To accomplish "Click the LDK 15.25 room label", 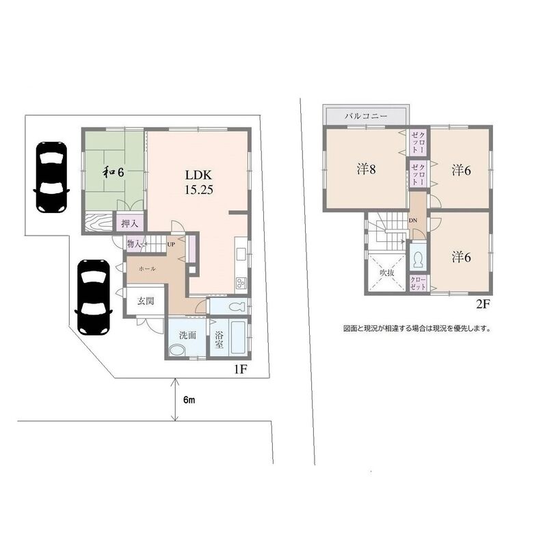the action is tap(199, 182).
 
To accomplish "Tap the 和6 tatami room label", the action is tap(113, 172).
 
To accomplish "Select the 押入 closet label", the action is tap(130, 223).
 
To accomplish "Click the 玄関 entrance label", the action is tap(146, 301).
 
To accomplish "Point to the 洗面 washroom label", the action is tap(187, 335).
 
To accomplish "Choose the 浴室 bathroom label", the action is tap(219, 339).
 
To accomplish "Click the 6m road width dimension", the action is tap(189, 400).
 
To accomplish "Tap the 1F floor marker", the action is tap(241, 369).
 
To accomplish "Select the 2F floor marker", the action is tap(484, 304).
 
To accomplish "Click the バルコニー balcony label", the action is tap(366, 116).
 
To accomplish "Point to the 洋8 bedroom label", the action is tap(366, 169).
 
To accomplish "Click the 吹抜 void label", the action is tap(387, 273).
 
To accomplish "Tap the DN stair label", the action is tap(413, 221).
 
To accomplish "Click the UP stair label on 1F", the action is tap(171, 245).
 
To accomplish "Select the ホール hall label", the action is tap(147, 269).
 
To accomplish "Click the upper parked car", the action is tap(51, 177).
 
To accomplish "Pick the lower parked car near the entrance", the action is tap(94, 297).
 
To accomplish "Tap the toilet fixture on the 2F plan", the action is tap(417, 260).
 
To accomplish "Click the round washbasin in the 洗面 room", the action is tap(178, 350).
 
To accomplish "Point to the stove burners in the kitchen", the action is tap(241, 282).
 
